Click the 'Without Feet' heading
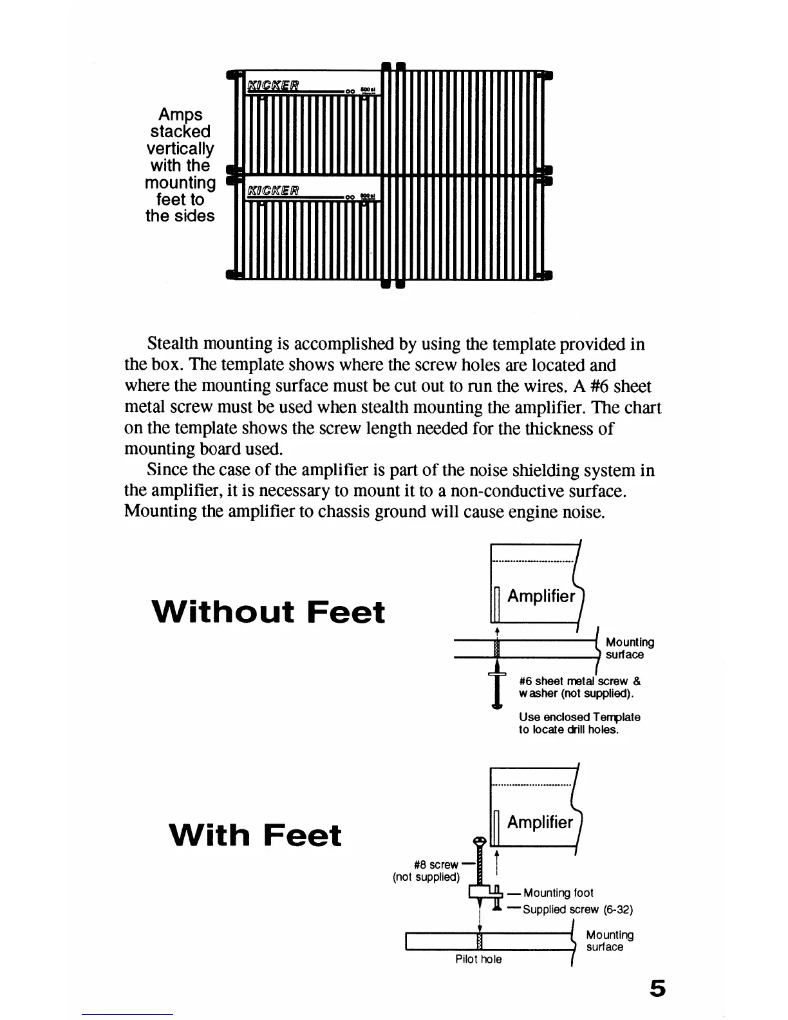tap(268, 612)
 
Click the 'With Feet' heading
tap(255, 835)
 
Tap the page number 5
tap(657, 988)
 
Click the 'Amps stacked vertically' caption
tap(180, 165)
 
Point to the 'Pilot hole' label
tap(478, 959)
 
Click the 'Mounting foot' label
tap(558, 892)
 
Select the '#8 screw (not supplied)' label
tap(427, 871)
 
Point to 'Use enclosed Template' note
tap(579, 723)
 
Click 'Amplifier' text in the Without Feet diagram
tap(541, 596)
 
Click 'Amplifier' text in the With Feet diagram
tap(539, 822)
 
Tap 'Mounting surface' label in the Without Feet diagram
tap(630, 648)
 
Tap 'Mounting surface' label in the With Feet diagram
tap(609, 941)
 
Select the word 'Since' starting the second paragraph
tap(166, 471)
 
